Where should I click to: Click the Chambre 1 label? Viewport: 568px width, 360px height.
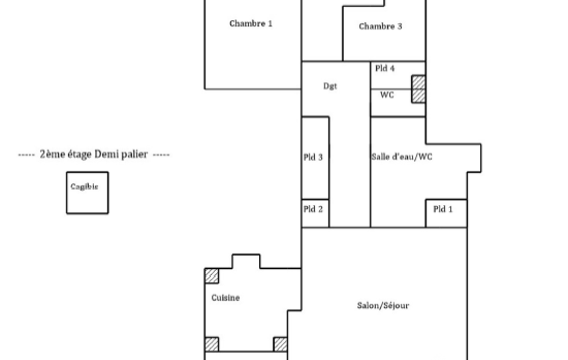pos(250,24)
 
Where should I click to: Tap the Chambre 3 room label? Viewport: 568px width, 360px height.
pos(380,26)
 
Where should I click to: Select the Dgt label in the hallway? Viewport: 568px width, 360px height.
pos(330,86)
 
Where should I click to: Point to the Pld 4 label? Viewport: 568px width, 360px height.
pos(385,68)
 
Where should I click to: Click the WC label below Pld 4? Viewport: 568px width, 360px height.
pos(387,95)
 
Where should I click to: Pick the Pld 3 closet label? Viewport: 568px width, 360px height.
pos(313,157)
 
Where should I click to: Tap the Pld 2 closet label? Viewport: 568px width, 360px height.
pos(313,209)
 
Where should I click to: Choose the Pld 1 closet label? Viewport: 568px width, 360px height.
pos(443,209)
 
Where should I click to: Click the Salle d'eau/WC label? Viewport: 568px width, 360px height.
pos(402,156)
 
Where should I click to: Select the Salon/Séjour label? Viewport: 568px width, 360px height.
pos(383,306)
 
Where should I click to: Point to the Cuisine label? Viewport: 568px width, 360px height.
pos(226,298)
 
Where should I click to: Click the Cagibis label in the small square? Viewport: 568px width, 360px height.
pos(84,187)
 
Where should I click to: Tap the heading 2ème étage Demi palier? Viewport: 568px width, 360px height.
pos(94,155)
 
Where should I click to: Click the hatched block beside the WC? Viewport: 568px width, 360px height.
pos(418,89)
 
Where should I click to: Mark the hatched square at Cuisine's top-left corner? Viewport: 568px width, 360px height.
pos(212,276)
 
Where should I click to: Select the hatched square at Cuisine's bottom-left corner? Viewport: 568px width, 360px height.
pos(212,344)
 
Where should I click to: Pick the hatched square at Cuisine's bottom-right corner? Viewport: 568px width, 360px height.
pos(280,344)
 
